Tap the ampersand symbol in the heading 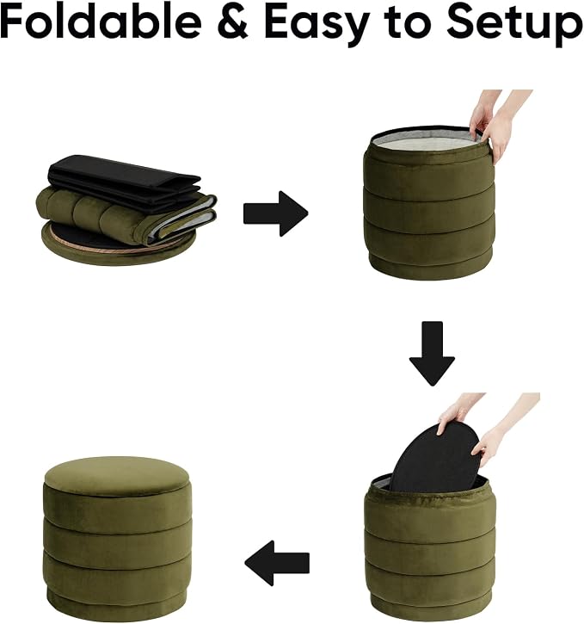[232, 21]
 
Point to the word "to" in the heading [409, 22]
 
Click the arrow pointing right [275, 213]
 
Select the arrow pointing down [432, 354]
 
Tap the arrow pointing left [277, 563]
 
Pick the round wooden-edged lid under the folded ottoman [119, 244]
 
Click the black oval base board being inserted [435, 458]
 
